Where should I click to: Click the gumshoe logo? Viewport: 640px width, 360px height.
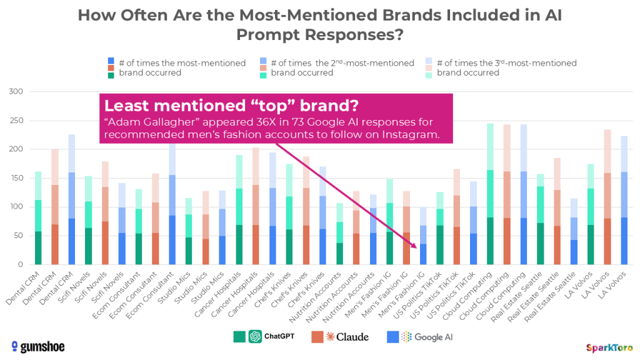(x=38, y=346)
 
